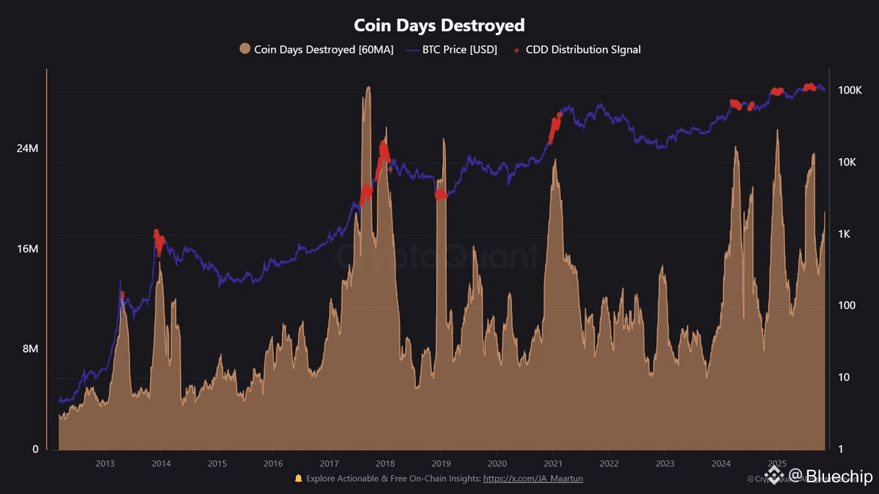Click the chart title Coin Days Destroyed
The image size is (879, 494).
point(439,25)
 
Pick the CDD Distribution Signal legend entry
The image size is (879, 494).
point(583,50)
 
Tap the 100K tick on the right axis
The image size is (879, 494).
point(850,90)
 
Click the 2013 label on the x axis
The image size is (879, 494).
point(105,463)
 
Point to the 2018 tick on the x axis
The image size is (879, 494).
point(385,463)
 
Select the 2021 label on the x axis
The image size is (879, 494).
point(553,463)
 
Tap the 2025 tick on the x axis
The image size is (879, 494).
point(777,463)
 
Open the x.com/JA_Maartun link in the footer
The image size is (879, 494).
point(533,479)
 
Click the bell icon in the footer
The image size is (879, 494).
point(298,479)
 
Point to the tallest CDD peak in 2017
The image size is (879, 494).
point(368,89)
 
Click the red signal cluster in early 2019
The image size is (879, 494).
point(440,195)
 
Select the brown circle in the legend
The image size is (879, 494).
point(245,50)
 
